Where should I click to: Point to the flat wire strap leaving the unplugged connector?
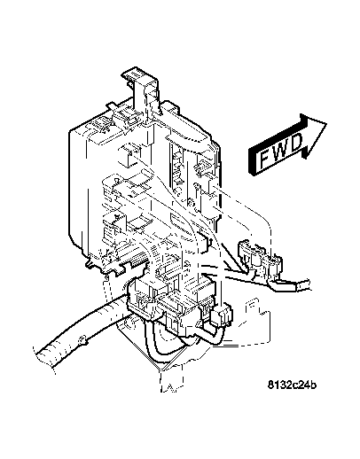[x=296, y=284]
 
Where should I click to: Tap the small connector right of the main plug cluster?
[x=227, y=315]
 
